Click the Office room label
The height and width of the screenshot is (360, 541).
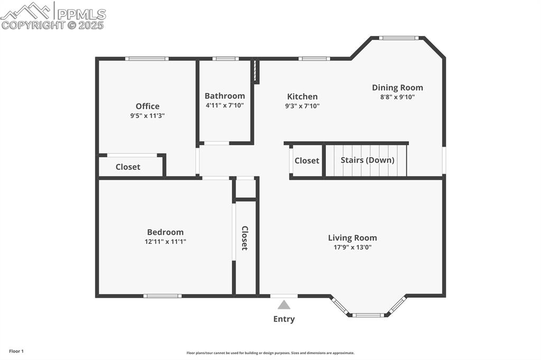click(147, 106)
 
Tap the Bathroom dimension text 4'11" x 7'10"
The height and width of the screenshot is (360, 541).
click(225, 106)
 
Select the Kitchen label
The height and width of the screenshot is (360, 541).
click(302, 97)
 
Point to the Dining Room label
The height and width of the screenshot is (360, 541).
click(397, 88)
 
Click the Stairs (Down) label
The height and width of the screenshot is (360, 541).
click(367, 160)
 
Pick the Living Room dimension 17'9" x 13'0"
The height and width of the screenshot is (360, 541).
click(352, 247)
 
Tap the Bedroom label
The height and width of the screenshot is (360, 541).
click(165, 232)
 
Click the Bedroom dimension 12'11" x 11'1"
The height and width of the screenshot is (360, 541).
click(165, 242)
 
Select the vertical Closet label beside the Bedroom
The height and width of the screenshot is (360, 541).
click(245, 238)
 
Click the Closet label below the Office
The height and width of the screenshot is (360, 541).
click(128, 167)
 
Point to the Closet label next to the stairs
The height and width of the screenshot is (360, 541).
click(306, 160)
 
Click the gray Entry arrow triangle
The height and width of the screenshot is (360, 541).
click(284, 305)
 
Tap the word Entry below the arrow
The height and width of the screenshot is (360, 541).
click(284, 319)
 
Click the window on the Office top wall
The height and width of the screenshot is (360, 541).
click(147, 59)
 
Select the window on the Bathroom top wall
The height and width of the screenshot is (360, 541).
click(225, 59)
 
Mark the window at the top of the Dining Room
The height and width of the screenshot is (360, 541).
click(399, 38)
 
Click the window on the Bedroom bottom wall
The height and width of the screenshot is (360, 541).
click(163, 296)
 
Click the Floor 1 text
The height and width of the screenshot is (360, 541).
click(16, 351)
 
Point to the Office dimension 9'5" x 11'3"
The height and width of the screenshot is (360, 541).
click(147, 116)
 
